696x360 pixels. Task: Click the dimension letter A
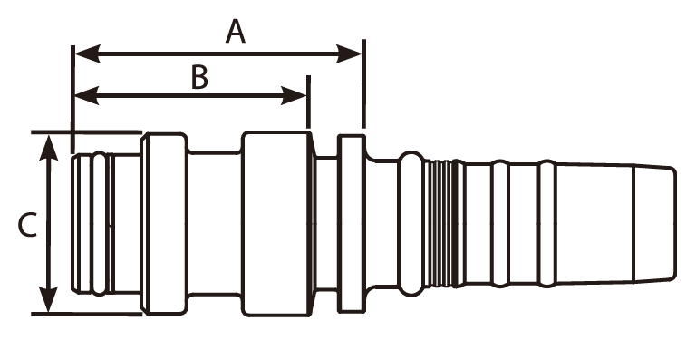(x=236, y=33)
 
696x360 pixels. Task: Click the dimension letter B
(x=199, y=77)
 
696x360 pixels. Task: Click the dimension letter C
(x=27, y=225)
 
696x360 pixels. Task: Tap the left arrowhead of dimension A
(x=88, y=54)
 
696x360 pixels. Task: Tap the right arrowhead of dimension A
(x=349, y=54)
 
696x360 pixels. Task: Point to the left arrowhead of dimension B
(x=87, y=96)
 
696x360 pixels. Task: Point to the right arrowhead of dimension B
(x=294, y=96)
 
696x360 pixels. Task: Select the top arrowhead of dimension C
(x=48, y=148)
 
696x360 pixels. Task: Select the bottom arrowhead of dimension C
(x=48, y=299)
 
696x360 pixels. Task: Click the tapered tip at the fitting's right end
(x=654, y=223)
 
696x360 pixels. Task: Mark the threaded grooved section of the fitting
(x=440, y=223)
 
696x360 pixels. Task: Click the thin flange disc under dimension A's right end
(x=352, y=224)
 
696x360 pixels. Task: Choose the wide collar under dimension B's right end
(x=275, y=224)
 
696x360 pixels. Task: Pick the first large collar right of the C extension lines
(x=164, y=224)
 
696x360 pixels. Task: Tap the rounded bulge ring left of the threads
(x=411, y=223)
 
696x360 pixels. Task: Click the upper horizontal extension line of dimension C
(x=87, y=132)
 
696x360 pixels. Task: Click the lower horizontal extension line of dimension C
(x=87, y=315)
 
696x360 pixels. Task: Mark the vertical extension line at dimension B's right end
(x=308, y=102)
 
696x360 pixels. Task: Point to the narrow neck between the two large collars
(x=215, y=223)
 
